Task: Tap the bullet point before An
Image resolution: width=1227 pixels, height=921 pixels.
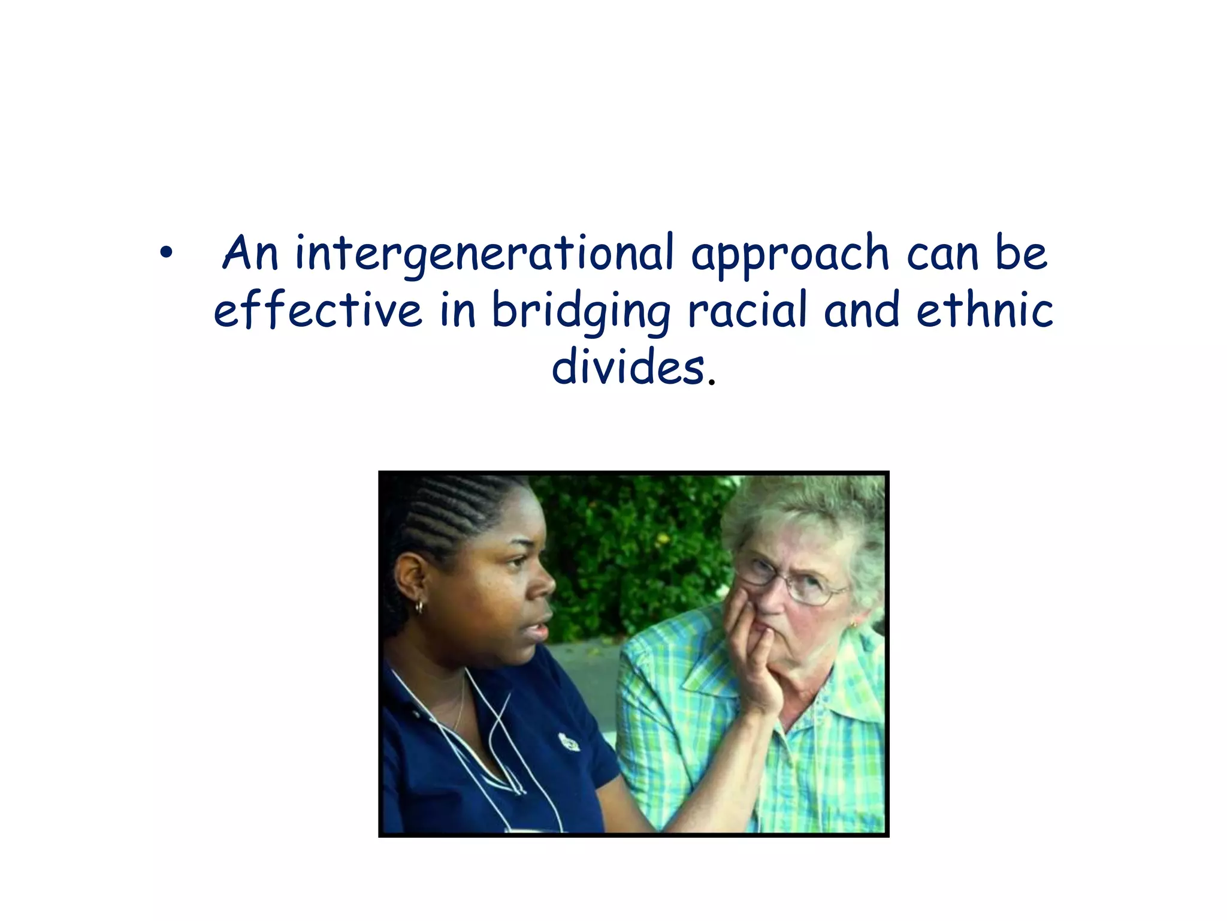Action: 166,254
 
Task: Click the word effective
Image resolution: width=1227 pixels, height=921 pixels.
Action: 318,309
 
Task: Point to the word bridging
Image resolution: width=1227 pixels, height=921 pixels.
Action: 581,311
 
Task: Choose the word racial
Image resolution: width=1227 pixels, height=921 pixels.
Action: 747,309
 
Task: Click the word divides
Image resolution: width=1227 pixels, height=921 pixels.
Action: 627,366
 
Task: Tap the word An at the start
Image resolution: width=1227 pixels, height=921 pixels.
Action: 250,253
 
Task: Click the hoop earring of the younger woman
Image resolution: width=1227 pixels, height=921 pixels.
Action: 419,607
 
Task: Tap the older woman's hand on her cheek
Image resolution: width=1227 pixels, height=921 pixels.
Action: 749,648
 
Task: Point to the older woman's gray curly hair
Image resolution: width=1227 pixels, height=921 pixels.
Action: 815,510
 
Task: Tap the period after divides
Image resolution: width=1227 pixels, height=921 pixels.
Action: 711,381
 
